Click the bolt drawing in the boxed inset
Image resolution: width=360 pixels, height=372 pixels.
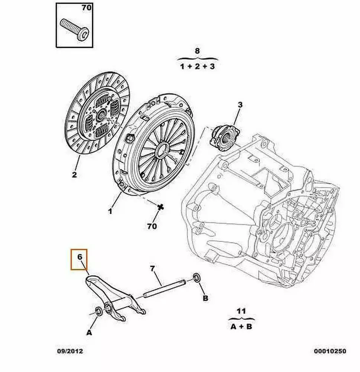[x=74, y=29]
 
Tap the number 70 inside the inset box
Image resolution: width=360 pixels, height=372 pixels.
[x=86, y=7]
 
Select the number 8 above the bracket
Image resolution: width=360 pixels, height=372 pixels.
[x=197, y=51]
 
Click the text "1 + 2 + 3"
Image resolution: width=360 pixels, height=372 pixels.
[x=197, y=66]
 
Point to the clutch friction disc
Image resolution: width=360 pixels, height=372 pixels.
[x=97, y=113]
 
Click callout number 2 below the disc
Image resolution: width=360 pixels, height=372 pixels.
[x=74, y=175]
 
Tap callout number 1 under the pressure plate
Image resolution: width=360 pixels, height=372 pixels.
[x=110, y=211]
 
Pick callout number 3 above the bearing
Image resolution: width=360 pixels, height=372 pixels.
[x=240, y=105]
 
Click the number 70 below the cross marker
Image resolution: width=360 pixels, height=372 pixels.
[x=152, y=226]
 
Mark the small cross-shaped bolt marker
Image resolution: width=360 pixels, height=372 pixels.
[x=161, y=206]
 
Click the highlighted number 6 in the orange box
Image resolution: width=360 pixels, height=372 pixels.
[x=80, y=257]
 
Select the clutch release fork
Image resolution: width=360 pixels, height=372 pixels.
[x=114, y=298]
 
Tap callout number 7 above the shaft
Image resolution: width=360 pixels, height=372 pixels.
[x=152, y=269]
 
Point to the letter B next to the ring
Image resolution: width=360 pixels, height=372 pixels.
[x=205, y=298]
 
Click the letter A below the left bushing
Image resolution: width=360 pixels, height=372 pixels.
[x=89, y=333]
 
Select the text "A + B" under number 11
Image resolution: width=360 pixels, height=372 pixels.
[x=241, y=327]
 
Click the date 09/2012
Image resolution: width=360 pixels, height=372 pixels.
[x=70, y=351]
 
